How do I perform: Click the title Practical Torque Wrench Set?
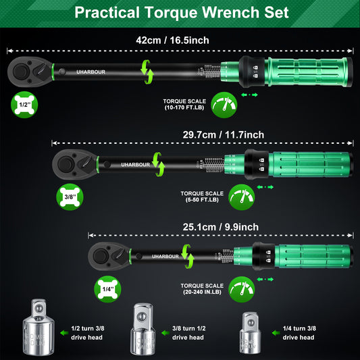pyautogui.click(x=180, y=13)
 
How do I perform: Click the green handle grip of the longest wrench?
pyautogui.click(x=317, y=70)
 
